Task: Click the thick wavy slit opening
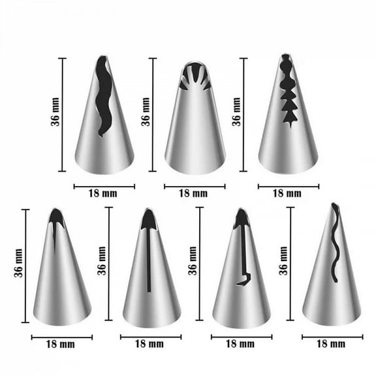[103, 98]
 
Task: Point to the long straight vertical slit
[149, 261]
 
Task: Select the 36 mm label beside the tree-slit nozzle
[236, 111]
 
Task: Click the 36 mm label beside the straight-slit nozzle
[101, 261]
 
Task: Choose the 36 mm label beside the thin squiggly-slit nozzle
[283, 261]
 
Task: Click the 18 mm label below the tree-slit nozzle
[287, 194]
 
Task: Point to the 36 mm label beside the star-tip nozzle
[146, 111]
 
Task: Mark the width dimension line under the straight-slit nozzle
[151, 337]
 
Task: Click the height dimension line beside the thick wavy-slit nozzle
[63, 115]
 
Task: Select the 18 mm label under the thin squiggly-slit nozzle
[331, 344]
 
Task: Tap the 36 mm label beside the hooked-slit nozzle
[192, 261]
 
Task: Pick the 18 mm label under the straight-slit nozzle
[150, 344]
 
